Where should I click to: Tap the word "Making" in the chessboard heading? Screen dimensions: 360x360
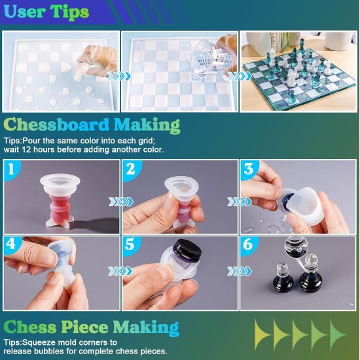(x=147, y=124)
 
